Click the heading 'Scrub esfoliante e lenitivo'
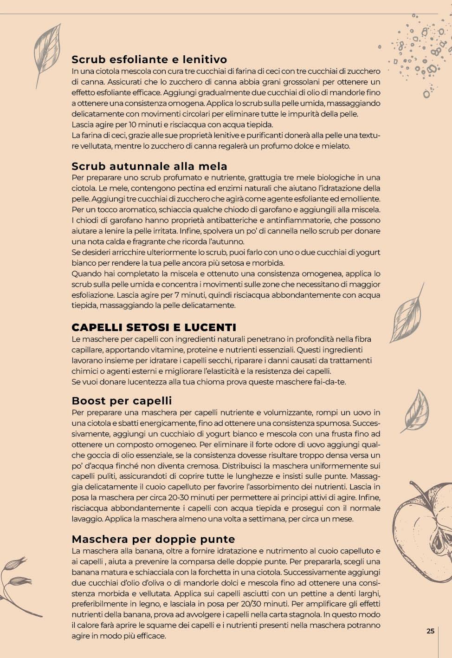(x=149, y=59)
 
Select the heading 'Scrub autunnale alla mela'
(x=149, y=166)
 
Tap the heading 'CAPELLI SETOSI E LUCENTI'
(x=154, y=327)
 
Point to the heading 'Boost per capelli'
(x=122, y=401)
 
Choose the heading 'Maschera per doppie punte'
(x=153, y=539)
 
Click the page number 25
(x=430, y=631)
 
